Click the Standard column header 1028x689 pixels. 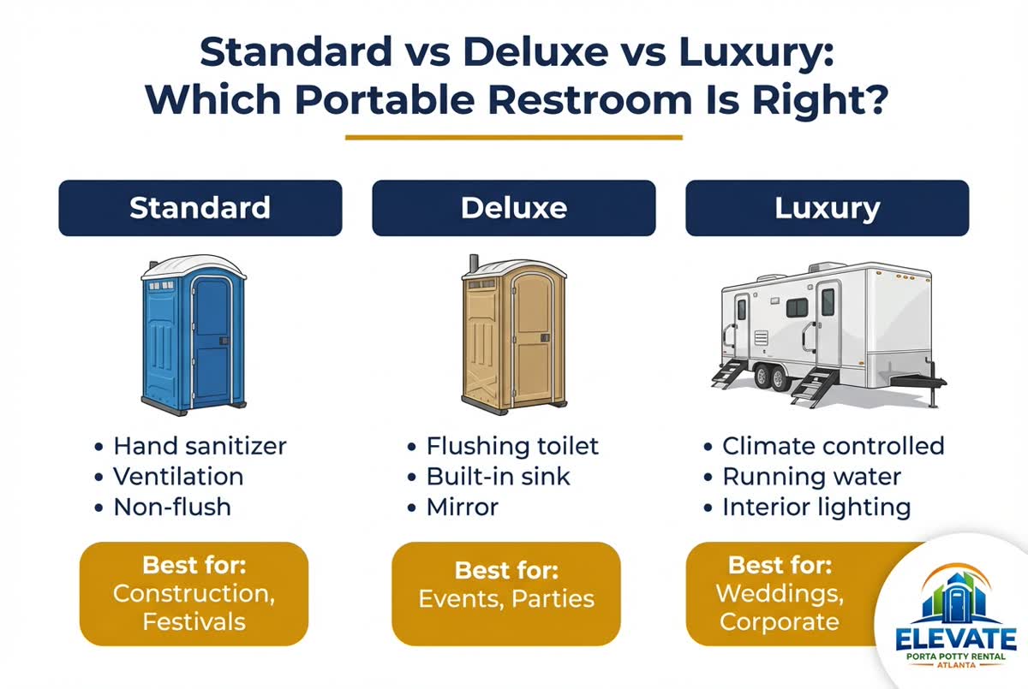(200, 208)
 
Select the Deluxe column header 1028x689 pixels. (513, 208)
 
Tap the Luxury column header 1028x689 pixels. (827, 208)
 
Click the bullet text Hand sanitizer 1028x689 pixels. (200, 446)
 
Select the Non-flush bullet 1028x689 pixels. (172, 507)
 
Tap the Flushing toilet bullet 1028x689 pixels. (512, 446)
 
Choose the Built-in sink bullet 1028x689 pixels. (498, 477)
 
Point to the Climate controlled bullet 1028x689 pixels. (833, 446)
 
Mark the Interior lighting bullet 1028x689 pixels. (816, 507)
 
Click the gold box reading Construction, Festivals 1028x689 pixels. (194, 594)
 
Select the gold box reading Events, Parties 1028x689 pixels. (505, 594)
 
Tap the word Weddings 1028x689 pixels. (767, 592)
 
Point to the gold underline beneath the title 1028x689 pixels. (514, 137)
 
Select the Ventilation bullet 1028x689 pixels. (178, 477)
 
